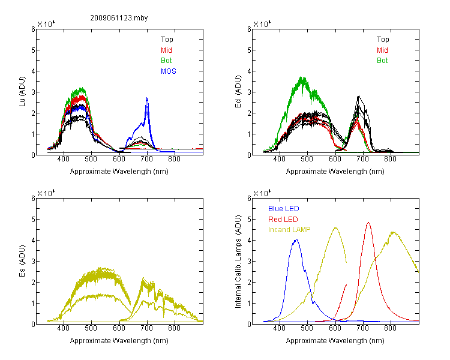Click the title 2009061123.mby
tap(119, 18)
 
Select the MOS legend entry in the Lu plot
tap(169, 71)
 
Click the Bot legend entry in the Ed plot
tap(382, 61)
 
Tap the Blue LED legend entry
tap(284, 209)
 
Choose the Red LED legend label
tap(283, 220)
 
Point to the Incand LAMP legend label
tap(289, 230)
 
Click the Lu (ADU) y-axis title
tap(22, 91)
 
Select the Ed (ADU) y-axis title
tap(238, 91)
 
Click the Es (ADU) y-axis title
tap(22, 260)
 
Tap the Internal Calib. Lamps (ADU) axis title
tap(238, 261)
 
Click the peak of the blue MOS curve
tap(147, 98)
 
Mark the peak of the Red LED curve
tap(368, 222)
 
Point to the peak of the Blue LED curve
tap(296, 239)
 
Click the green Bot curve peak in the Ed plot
tap(302, 77)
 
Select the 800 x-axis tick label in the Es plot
tap(174, 328)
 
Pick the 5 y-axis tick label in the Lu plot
tap(33, 50)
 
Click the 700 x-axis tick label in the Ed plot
tap(363, 159)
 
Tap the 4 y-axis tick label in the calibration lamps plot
tap(249, 240)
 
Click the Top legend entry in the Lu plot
tap(167, 40)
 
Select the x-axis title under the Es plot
tap(119, 341)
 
